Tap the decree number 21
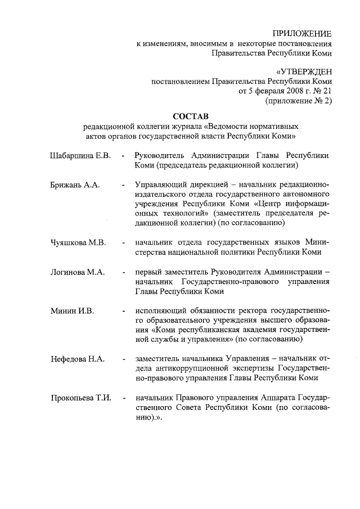(x=327, y=91)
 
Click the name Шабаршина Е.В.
(x=79, y=155)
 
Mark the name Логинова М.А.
(x=77, y=272)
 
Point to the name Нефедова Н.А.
(x=77, y=359)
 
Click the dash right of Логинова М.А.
(x=123, y=273)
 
